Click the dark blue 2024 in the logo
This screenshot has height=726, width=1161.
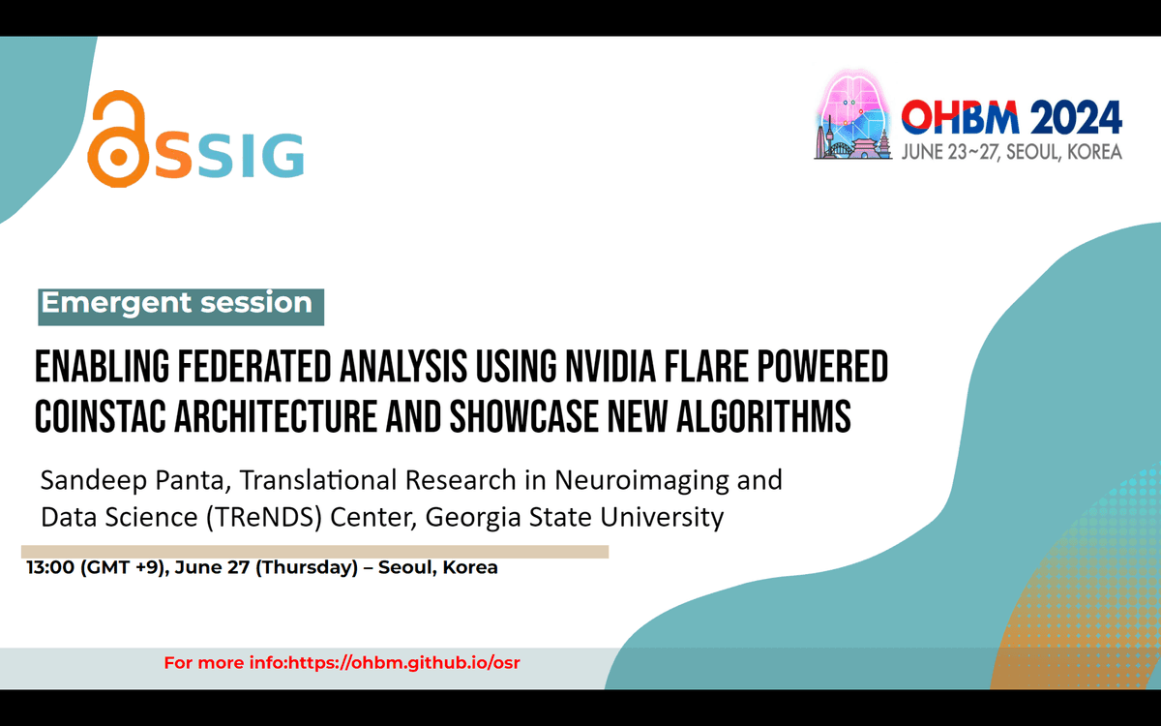tap(1076, 117)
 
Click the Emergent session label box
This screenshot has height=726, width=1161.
tap(181, 307)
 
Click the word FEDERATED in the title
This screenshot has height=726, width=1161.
tap(253, 367)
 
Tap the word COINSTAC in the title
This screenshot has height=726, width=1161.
tap(100, 416)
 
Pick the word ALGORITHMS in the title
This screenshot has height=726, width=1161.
tap(763, 416)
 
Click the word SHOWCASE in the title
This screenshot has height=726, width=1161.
tap(523, 416)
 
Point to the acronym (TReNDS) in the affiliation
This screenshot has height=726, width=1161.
tap(264, 517)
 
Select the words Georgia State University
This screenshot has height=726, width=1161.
tap(575, 517)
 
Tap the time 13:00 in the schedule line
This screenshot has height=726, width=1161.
tap(50, 567)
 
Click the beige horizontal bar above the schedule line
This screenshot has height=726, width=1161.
tap(314, 552)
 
